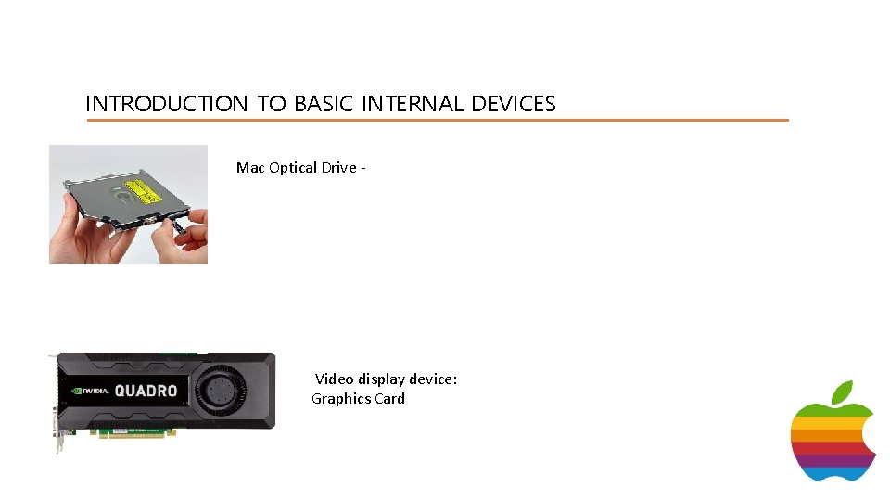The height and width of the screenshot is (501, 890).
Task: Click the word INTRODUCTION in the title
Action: pos(167,104)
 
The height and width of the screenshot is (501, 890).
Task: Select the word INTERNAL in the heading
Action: pos(413,104)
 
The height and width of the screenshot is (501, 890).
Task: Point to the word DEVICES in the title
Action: pos(514,104)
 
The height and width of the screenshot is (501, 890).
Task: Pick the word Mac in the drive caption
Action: pos(250,168)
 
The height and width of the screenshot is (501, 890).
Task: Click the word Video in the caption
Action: pos(335,379)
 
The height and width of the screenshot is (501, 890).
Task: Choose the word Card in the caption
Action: pos(389,399)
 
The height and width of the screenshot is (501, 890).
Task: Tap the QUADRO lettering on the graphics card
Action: pos(146,391)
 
